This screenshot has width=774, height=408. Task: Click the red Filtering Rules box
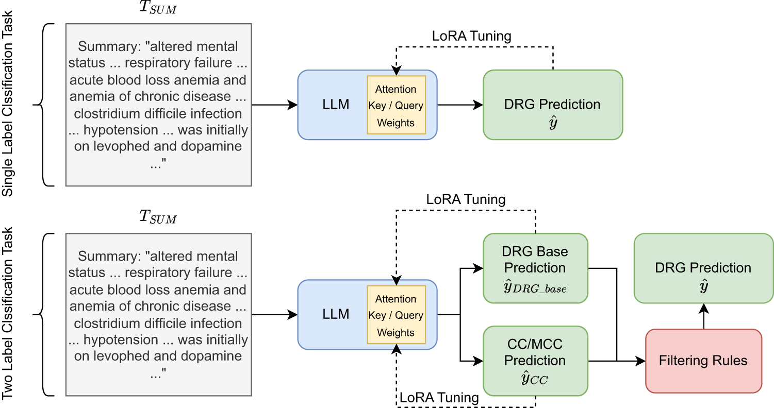[703, 361]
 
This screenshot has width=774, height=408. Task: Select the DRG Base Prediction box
[535, 268]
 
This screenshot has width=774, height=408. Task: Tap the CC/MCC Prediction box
[535, 361]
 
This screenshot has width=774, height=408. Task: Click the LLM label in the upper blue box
[336, 105]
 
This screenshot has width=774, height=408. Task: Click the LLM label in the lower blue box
[336, 314]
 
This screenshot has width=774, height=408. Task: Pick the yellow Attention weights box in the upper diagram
[396, 105]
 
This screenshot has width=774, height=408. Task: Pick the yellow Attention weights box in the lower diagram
[396, 315]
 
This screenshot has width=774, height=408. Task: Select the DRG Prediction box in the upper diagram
[552, 105]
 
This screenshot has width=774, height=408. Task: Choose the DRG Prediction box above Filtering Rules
[703, 268]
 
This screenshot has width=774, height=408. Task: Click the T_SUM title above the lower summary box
[158, 217]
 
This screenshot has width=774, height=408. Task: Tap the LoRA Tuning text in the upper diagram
[471, 36]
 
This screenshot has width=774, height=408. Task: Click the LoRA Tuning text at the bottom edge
[439, 398]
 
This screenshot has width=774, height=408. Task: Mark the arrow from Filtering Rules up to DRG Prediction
[703, 316]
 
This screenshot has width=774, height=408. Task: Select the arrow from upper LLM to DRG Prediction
[460, 105]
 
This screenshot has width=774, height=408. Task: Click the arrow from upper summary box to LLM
[274, 105]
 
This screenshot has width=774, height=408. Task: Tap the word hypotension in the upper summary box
[121, 130]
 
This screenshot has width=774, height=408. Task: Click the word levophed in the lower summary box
[120, 356]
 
